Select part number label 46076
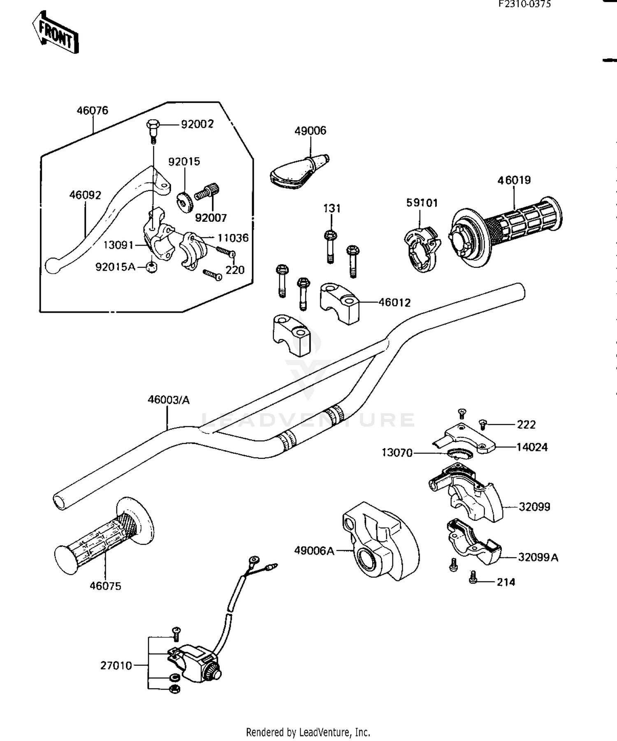pyautogui.click(x=93, y=110)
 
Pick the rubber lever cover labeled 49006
pyautogui.click(x=299, y=171)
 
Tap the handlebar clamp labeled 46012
pyautogui.click(x=339, y=303)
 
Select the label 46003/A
pyautogui.click(x=169, y=400)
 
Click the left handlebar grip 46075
pyautogui.click(x=104, y=536)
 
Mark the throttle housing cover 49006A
pyautogui.click(x=380, y=541)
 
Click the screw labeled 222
pyautogui.click(x=483, y=423)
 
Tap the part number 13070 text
pyautogui.click(x=397, y=453)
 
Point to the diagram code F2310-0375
pyautogui.click(x=524, y=5)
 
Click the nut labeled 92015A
pyautogui.click(x=152, y=268)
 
